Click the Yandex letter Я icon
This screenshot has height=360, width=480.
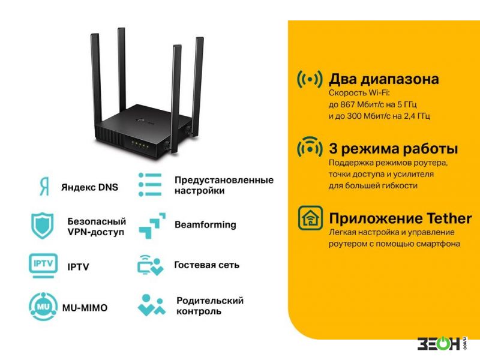point(44,187)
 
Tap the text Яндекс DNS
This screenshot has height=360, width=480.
point(89,187)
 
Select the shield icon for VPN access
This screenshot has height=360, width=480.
point(43,226)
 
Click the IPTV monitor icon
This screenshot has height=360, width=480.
point(43,266)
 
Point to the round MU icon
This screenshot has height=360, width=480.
point(43,307)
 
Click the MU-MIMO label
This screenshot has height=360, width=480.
point(85,308)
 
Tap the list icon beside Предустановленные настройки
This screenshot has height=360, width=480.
point(150,185)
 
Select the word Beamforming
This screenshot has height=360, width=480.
point(205,224)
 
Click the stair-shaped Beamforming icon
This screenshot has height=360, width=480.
point(152,226)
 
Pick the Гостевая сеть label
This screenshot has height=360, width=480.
point(206,265)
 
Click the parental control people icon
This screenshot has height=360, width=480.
point(152,305)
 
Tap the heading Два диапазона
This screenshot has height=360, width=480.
point(384,79)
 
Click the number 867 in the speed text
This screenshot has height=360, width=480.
point(347,104)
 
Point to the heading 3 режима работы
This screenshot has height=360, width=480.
point(394,148)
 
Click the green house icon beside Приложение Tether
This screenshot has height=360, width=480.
point(310,218)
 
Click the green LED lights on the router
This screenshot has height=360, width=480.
point(140,145)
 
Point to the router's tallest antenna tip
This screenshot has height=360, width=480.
point(121,29)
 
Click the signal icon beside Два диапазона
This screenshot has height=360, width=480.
point(310,79)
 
